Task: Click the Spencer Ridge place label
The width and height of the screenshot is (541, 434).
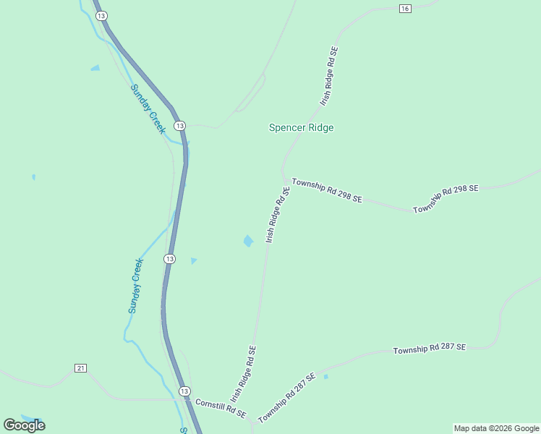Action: (301, 128)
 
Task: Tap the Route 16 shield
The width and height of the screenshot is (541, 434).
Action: (404, 8)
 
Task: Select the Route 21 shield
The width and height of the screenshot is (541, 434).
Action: (80, 368)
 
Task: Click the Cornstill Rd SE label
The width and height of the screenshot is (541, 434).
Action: (221, 409)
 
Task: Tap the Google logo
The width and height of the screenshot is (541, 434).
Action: (24, 425)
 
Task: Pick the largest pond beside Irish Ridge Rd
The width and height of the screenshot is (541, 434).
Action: (248, 241)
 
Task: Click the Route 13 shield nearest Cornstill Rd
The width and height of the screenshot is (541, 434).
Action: (184, 390)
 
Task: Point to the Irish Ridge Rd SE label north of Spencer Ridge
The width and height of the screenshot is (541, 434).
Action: (329, 77)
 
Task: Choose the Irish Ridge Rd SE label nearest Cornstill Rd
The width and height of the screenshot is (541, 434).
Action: (243, 374)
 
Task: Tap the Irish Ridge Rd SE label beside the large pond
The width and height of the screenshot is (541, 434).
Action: (278, 214)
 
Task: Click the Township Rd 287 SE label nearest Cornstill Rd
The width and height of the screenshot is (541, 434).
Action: (287, 398)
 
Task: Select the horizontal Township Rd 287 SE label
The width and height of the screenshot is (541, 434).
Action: (430, 349)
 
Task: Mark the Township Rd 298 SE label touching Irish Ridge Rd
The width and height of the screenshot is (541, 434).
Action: (326, 190)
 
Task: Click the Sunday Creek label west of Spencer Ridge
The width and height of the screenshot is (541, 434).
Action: (148, 109)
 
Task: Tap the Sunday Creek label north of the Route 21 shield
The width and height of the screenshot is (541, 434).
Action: (136, 286)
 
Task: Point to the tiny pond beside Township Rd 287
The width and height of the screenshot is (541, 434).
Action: (326, 377)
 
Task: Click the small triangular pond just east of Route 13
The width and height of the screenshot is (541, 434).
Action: (193, 260)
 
